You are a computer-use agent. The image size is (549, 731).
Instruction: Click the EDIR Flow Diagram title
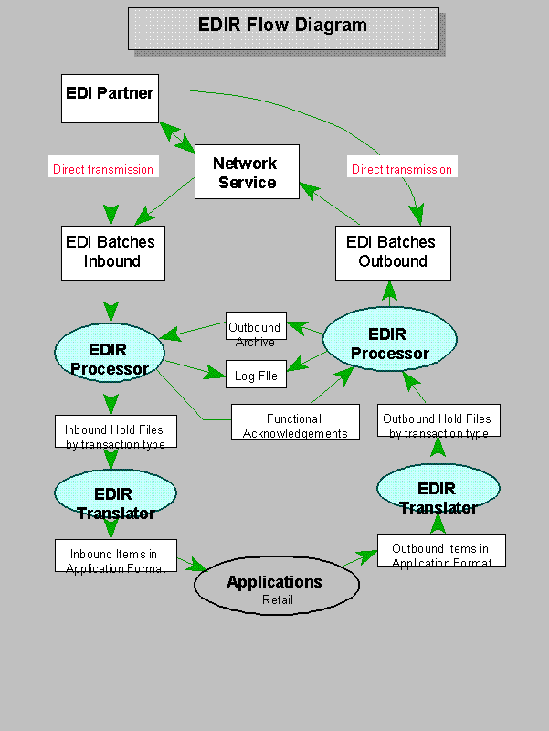pyautogui.click(x=282, y=26)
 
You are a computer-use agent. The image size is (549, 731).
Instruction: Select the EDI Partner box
pyautogui.click(x=110, y=98)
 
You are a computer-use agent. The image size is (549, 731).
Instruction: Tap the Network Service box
pyautogui.click(x=247, y=172)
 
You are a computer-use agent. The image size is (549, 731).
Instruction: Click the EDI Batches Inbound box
pyautogui.click(x=112, y=252)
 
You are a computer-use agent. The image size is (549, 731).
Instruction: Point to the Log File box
pyautogui.click(x=255, y=375)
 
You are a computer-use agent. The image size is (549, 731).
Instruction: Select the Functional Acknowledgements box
pyautogui.click(x=294, y=424)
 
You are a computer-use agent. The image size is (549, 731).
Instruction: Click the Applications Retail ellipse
pyautogui.click(x=274, y=588)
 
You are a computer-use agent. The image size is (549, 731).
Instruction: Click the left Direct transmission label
pyautogui.click(x=103, y=169)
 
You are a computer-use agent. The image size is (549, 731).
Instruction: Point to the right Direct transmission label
pyautogui.click(x=401, y=169)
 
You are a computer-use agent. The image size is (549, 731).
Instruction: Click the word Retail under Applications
pyautogui.click(x=278, y=599)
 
